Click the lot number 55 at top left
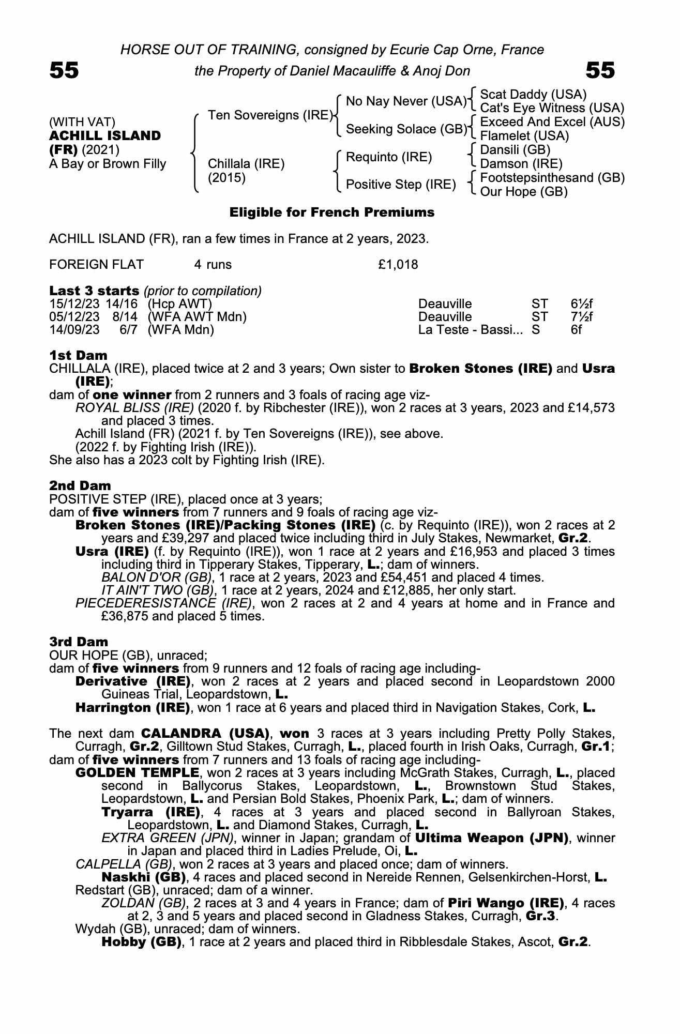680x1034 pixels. tap(64, 70)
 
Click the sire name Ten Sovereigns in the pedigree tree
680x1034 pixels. tap(269, 115)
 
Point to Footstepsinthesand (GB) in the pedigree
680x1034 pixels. tap(552, 178)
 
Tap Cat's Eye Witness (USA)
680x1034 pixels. tap(552, 109)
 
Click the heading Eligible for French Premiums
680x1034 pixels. tap(331, 212)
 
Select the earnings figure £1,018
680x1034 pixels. tap(398, 265)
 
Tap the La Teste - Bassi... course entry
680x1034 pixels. tap(471, 329)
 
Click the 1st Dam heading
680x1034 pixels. tap(78, 355)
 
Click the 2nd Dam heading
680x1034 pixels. tap(80, 485)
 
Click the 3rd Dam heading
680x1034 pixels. tap(79, 642)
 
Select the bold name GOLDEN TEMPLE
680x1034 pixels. tap(137, 773)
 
